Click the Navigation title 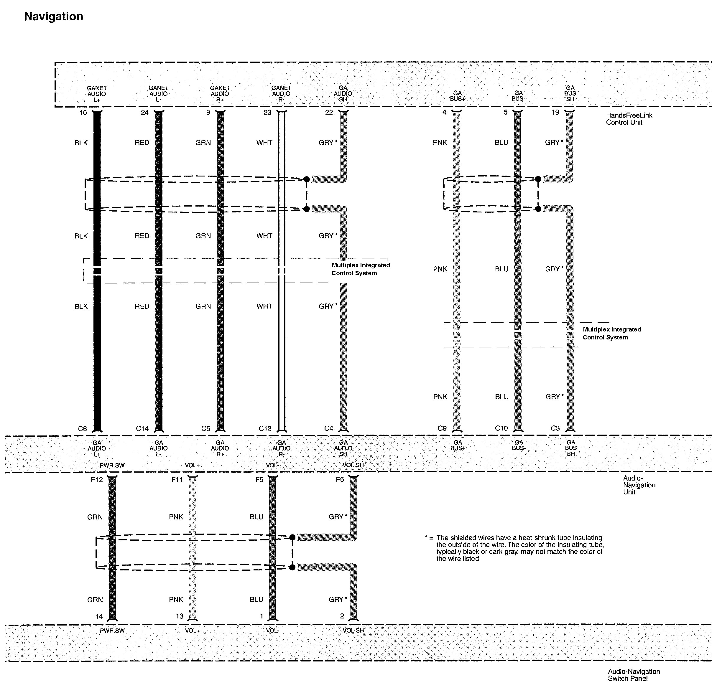pyautogui.click(x=54, y=17)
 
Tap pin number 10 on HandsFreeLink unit pyautogui.click(x=83, y=113)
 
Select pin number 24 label pyautogui.click(x=144, y=113)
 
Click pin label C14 pyautogui.click(x=142, y=428)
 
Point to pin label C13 pyautogui.click(x=265, y=428)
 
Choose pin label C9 pyautogui.click(x=442, y=428)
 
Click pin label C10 pyautogui.click(x=501, y=428)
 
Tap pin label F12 pyautogui.click(x=97, y=480)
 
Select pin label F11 pyautogui.click(x=177, y=480)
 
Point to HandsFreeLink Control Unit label pyautogui.click(x=629, y=119)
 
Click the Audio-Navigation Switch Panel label pyautogui.click(x=634, y=675)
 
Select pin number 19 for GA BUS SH pyautogui.click(x=555, y=112)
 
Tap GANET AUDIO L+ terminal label pyautogui.click(x=97, y=94)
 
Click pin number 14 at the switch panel pyautogui.click(x=99, y=616)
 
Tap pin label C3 pyautogui.click(x=555, y=428)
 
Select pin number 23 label pyautogui.click(x=267, y=113)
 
